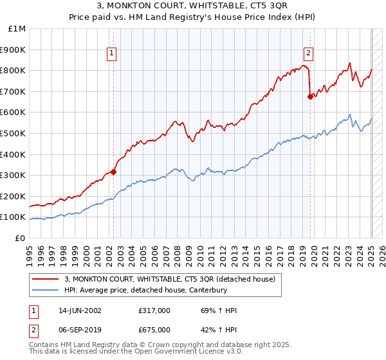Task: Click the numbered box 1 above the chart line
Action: [112, 53]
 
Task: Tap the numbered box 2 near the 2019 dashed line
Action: [309, 53]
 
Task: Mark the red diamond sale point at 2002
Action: [113, 172]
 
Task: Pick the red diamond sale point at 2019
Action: [310, 96]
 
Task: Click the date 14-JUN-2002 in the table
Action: [81, 310]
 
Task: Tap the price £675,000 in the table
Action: [154, 329]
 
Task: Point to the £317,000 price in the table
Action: [154, 310]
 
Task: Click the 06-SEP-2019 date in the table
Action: [81, 329]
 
